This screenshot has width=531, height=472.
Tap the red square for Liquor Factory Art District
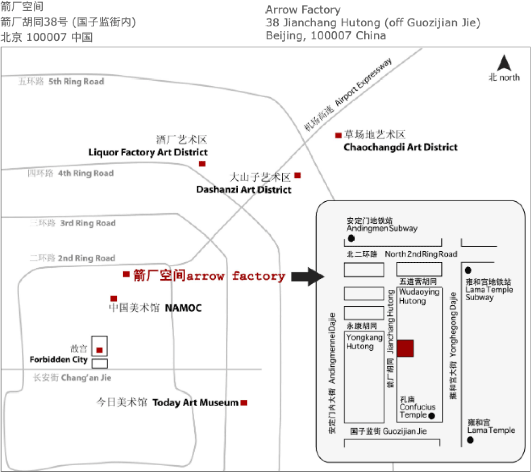[202, 164]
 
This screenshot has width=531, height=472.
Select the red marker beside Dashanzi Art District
[297, 175]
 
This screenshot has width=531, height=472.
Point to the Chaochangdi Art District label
[400, 147]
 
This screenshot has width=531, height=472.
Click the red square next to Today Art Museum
[244, 403]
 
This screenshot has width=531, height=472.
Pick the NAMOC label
[183, 308]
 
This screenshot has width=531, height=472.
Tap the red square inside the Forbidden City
[99, 350]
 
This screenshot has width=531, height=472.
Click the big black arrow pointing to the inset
[307, 276]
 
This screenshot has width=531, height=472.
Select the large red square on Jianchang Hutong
[405, 348]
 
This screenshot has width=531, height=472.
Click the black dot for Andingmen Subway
[351, 238]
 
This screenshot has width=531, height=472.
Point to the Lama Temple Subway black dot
[468, 270]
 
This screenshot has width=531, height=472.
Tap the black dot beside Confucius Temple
[431, 416]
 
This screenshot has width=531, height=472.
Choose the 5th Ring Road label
[76, 82]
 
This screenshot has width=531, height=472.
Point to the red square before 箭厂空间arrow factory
[126, 274]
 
